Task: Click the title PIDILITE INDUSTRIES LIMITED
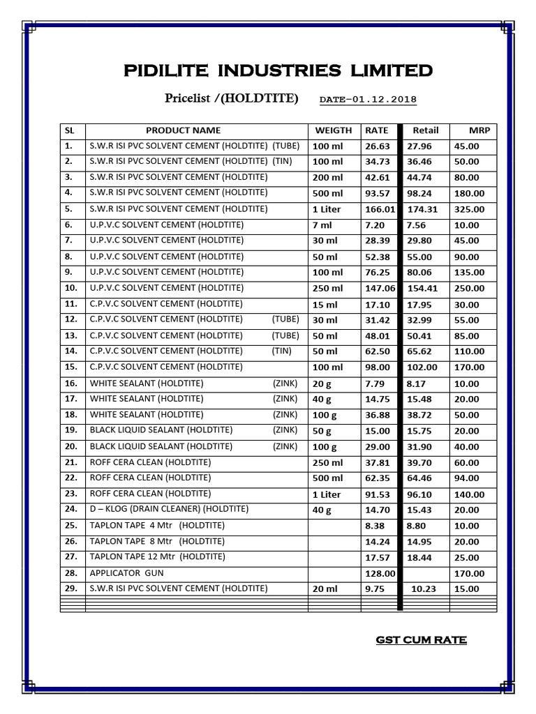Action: click(x=278, y=70)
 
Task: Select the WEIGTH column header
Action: click(x=334, y=130)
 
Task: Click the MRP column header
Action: click(x=479, y=130)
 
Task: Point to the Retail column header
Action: click(x=426, y=130)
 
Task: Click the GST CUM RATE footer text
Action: click(x=421, y=640)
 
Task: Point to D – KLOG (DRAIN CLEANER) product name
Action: click(x=169, y=510)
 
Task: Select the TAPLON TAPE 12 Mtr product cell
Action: click(x=158, y=556)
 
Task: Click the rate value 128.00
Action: click(x=380, y=573)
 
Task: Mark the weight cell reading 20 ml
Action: click(x=325, y=589)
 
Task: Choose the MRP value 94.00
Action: click(x=467, y=478)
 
